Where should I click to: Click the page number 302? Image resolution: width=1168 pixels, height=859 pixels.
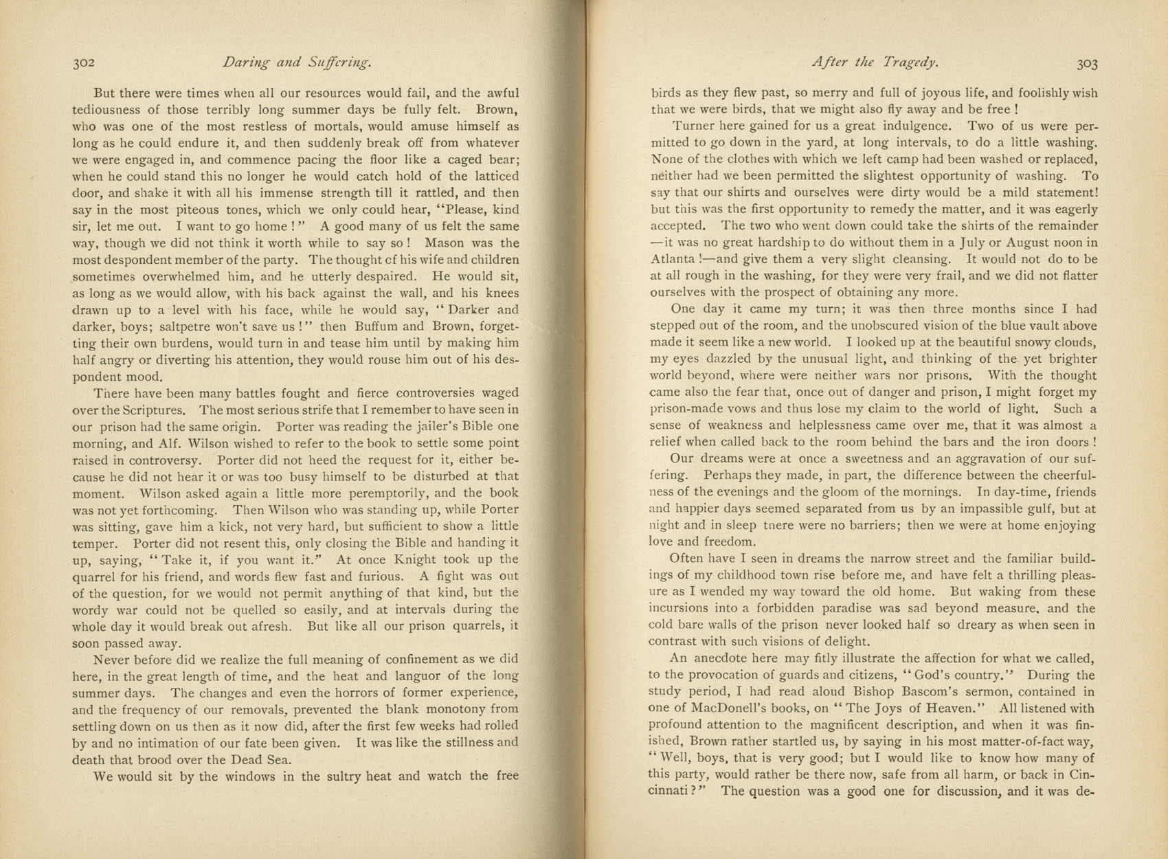pyautogui.click(x=83, y=63)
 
